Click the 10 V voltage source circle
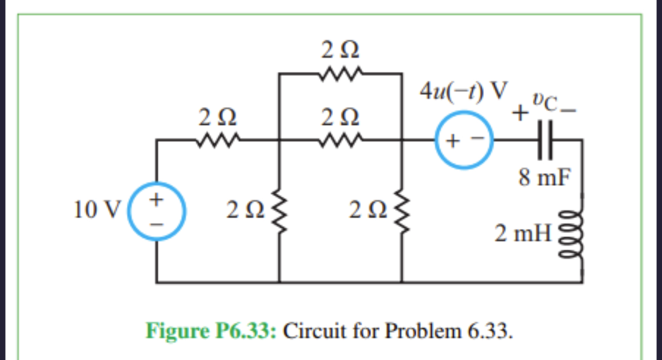(x=157, y=211)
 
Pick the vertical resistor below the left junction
(x=279, y=211)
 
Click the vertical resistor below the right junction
(x=401, y=211)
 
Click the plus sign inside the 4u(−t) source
(x=454, y=140)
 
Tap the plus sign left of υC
(x=522, y=111)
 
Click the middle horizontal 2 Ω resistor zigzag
(x=341, y=139)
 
